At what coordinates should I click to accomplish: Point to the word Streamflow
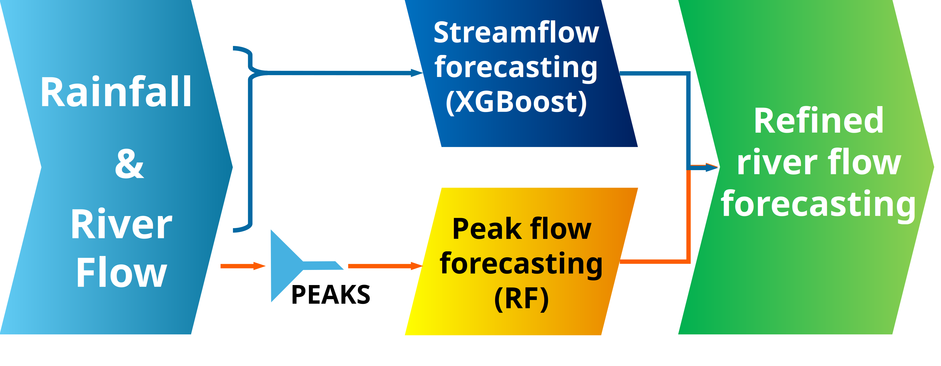coord(516,33)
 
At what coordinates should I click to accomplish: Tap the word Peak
coord(487,229)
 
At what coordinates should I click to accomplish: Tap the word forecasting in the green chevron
coord(818,204)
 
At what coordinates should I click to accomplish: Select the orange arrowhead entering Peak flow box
coord(416,266)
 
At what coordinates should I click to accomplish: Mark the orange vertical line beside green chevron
coord(688,215)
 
